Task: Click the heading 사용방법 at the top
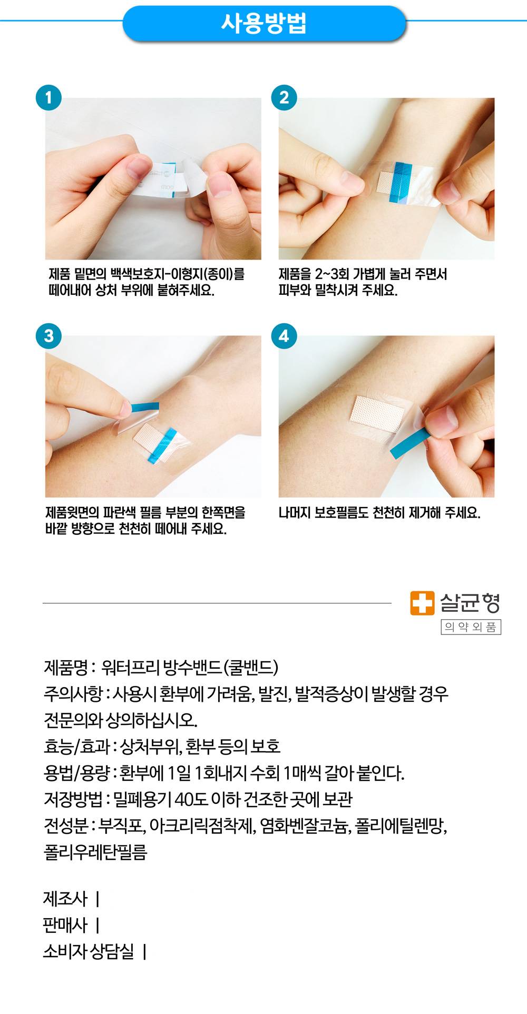click(x=263, y=23)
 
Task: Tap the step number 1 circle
click(x=48, y=98)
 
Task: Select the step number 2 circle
click(x=284, y=98)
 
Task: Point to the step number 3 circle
click(x=48, y=335)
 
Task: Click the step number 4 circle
click(x=284, y=335)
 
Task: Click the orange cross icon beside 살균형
click(x=423, y=603)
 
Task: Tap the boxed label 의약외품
click(x=471, y=627)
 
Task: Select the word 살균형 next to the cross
click(x=470, y=603)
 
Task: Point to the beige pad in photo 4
click(x=377, y=413)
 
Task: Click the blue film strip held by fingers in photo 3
click(x=144, y=406)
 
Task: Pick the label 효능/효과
click(x=77, y=746)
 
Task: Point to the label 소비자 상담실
click(x=89, y=951)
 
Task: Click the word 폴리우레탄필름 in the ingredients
click(x=95, y=852)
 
